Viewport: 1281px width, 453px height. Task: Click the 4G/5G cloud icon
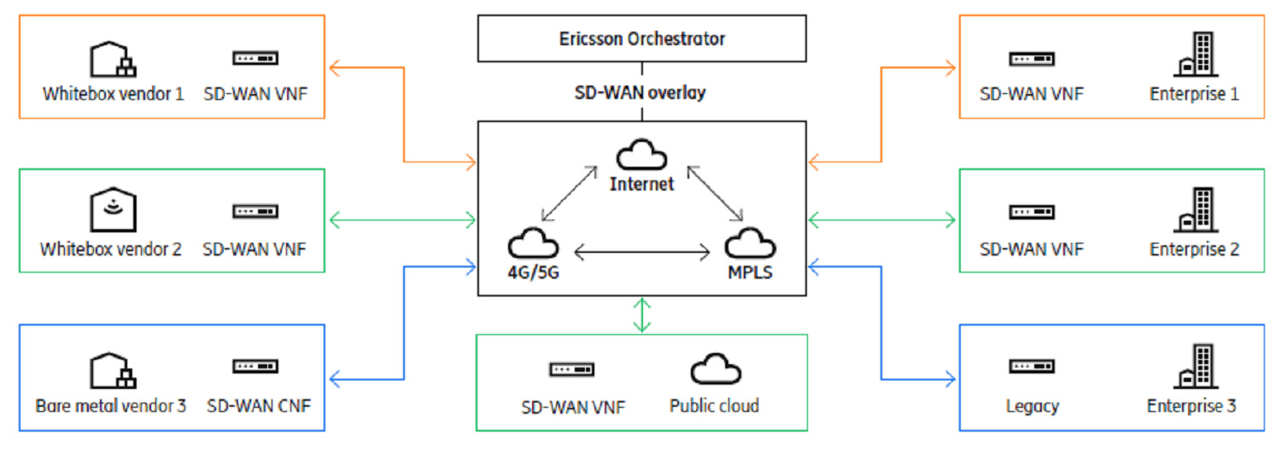click(533, 245)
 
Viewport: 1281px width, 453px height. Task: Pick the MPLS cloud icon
click(751, 245)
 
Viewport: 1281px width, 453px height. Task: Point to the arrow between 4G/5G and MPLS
click(642, 252)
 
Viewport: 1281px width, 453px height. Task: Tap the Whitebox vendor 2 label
click(111, 250)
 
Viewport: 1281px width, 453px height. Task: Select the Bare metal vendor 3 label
click(111, 405)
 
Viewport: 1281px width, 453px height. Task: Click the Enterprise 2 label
click(1194, 250)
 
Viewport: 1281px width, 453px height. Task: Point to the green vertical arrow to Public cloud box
click(642, 315)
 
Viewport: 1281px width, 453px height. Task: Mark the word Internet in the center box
click(641, 184)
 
